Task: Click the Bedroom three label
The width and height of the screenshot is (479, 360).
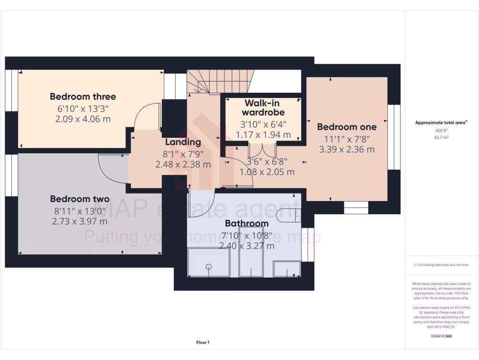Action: point(83,97)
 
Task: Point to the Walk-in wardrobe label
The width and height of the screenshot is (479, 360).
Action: point(263,107)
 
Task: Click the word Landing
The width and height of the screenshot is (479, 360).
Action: point(183,142)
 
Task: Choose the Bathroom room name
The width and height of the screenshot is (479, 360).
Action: point(247,223)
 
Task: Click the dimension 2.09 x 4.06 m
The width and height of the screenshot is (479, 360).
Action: point(83,119)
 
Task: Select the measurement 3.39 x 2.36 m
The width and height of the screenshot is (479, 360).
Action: point(347,150)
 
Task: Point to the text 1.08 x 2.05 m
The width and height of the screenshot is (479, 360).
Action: point(267,172)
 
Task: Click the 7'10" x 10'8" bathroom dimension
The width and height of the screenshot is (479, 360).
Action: point(247,235)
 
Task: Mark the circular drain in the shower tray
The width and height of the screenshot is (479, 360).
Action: point(209,267)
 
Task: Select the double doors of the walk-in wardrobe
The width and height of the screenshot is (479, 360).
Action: point(262,150)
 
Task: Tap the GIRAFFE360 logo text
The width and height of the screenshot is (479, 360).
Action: point(442,336)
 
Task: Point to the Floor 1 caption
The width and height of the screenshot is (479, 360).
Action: point(203,343)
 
